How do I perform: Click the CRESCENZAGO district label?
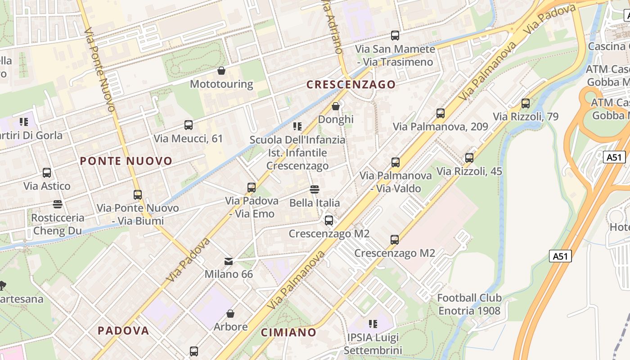pos(351,84)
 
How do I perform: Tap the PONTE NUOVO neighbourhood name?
pos(126,161)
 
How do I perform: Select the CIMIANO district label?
pos(289,333)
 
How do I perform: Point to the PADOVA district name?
pos(123,331)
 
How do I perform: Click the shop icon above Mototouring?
pos(221,71)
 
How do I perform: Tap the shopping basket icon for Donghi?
pos(336,106)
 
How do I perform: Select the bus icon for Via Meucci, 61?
pos(189,125)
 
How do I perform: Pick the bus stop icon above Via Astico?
pos(47,172)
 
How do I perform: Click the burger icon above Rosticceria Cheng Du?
pos(57,204)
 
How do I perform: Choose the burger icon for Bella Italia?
pos(315,189)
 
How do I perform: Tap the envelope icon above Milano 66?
pos(229,261)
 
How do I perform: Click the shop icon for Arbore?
pos(230,313)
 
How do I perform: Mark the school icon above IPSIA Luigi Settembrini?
pos(373,324)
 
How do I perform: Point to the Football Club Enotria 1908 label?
pos(469,304)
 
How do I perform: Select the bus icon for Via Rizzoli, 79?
pos(525,103)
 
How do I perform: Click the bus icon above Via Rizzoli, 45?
pos(469,158)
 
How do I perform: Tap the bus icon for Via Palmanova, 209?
pos(441,113)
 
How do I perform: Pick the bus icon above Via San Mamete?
pos(395,35)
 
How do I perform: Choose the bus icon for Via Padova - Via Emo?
pos(252,187)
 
